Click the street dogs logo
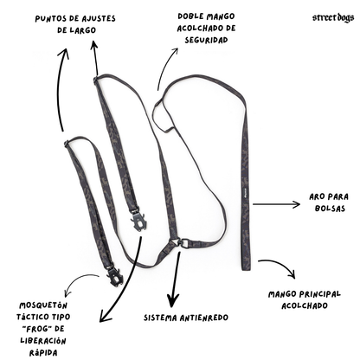pyautogui.click(x=333, y=18)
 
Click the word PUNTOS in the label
pyautogui.click(x=47, y=19)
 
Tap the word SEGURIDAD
pyautogui.click(x=206, y=40)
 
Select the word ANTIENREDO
pyautogui.click(x=204, y=318)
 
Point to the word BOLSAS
pyautogui.click(x=330, y=209)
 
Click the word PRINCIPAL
pyautogui.click(x=320, y=294)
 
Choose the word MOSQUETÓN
pyautogui.click(x=43, y=305)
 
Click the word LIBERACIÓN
pyautogui.click(x=43, y=340)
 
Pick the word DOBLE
pyautogui.click(x=189, y=16)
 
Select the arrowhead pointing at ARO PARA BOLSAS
pyautogui.click(x=297, y=204)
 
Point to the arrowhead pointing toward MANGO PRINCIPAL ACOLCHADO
pyautogui.click(x=292, y=274)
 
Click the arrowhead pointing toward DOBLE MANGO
pyautogui.click(x=175, y=51)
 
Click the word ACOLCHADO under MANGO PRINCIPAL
pyautogui.click(x=305, y=305)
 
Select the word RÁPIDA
pyautogui.click(x=43, y=352)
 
